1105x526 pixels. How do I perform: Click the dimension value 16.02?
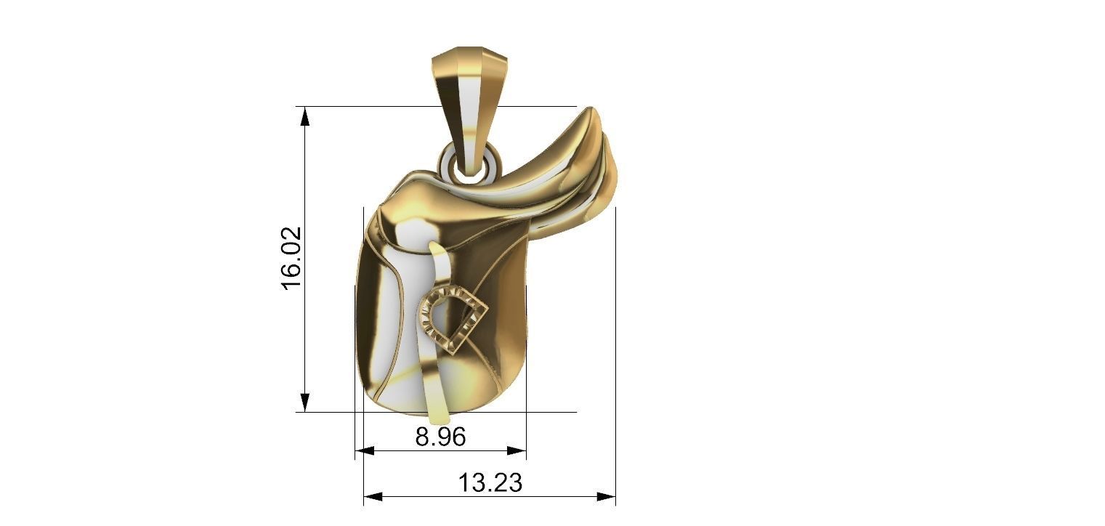tap(291, 258)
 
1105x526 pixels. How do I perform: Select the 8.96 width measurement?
tap(440, 437)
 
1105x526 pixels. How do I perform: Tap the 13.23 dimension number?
tap(490, 482)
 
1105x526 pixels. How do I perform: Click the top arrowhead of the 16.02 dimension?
tap(305, 116)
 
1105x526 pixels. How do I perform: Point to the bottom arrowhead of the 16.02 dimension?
tap(305, 402)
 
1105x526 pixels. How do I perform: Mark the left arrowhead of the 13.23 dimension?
tap(373, 497)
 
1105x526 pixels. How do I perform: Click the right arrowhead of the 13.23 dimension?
tap(606, 497)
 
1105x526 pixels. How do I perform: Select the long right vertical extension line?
tap(615, 349)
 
